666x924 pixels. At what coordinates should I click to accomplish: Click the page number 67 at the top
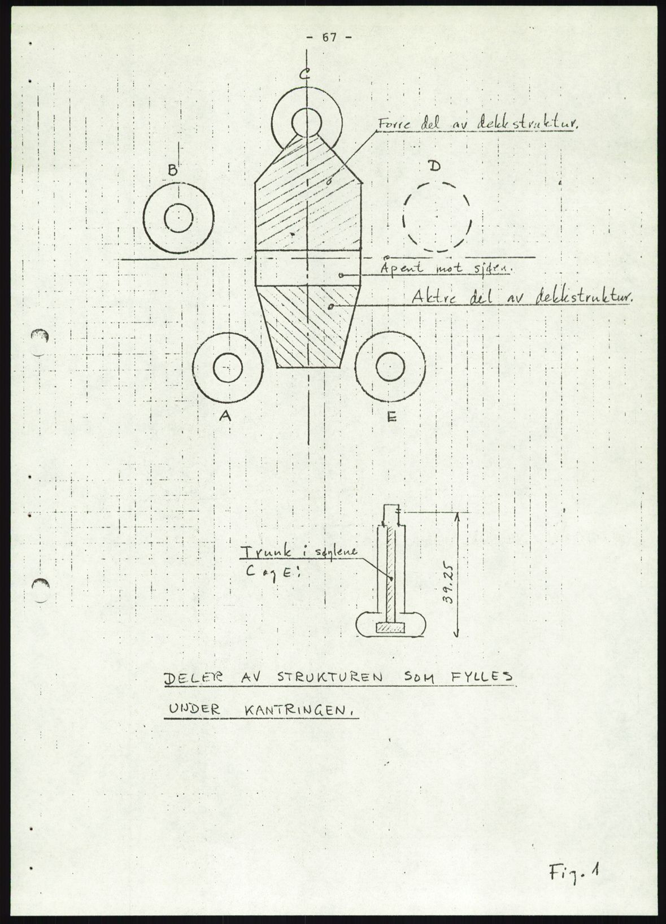pyautogui.click(x=329, y=38)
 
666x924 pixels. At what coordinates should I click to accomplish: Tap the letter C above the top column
pyautogui.click(x=304, y=75)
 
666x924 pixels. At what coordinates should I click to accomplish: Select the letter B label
pyautogui.click(x=172, y=169)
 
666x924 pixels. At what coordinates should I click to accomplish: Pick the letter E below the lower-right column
pyautogui.click(x=391, y=417)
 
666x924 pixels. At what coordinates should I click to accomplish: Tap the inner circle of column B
pyautogui.click(x=178, y=217)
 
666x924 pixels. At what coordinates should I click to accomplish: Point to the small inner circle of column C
pyautogui.click(x=307, y=121)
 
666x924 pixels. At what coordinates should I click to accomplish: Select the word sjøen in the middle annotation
pyautogui.click(x=495, y=269)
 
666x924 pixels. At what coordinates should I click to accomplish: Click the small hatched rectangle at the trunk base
pyautogui.click(x=390, y=627)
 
